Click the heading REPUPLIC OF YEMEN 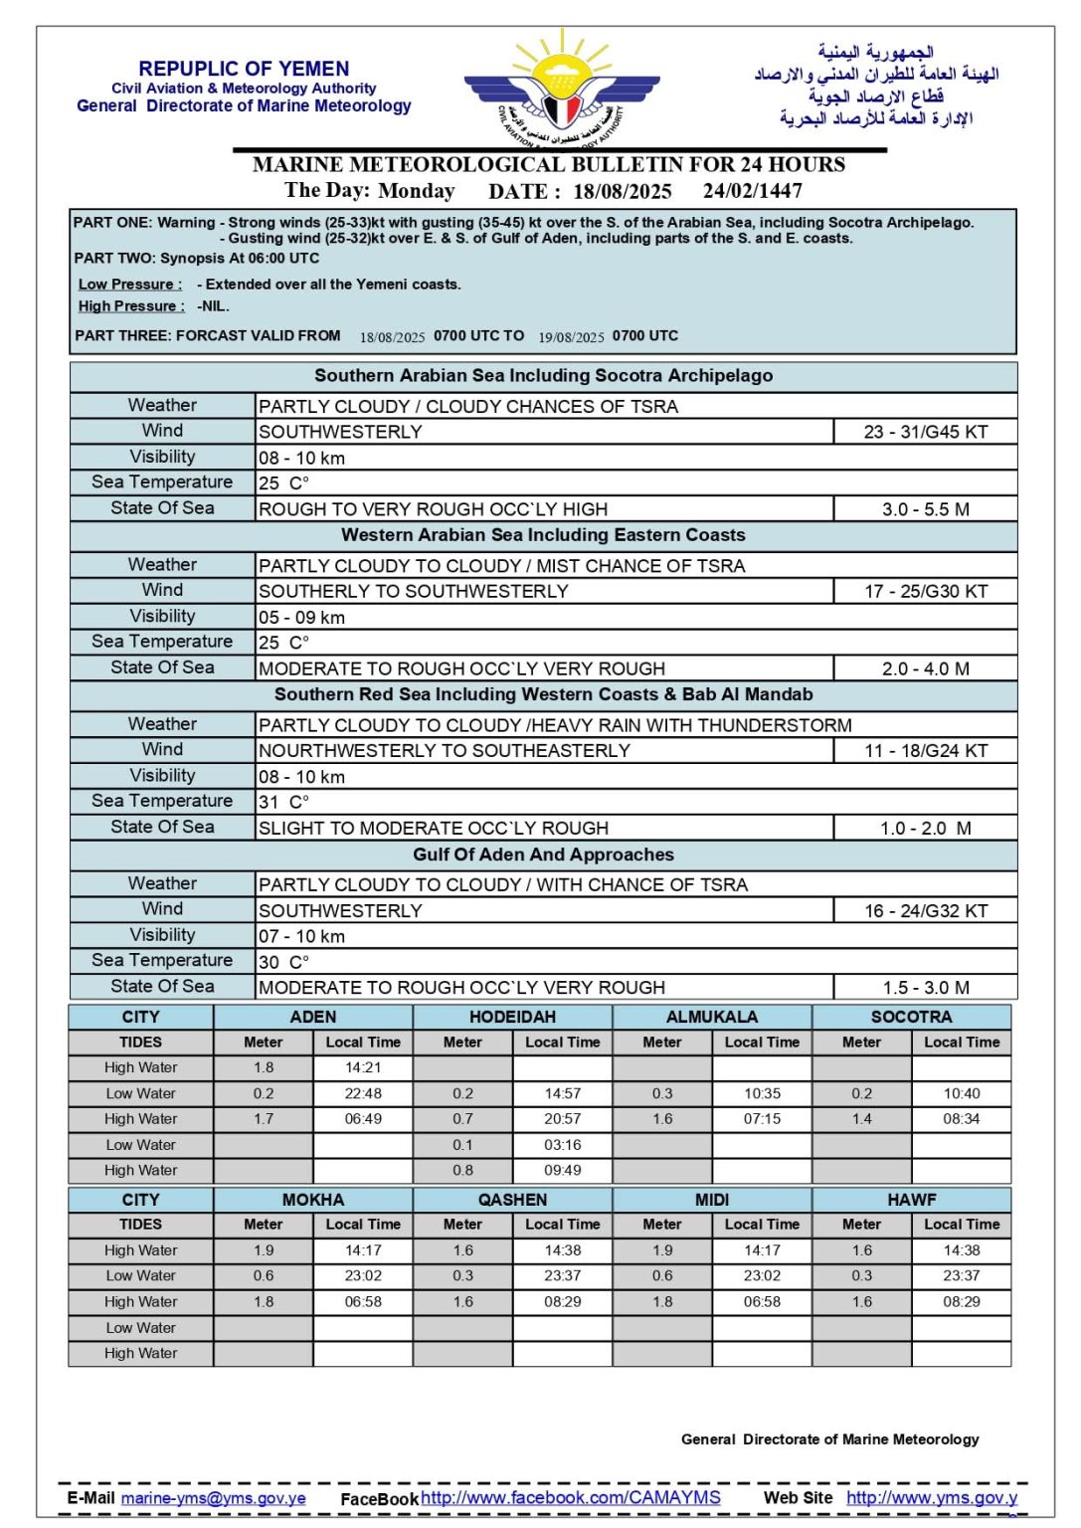point(244,69)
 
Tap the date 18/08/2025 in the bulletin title point(622,191)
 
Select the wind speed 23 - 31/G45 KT point(925,432)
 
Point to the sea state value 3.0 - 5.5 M point(925,509)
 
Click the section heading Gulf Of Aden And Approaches point(543,855)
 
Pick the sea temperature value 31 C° point(283,802)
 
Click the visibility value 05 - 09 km point(301,617)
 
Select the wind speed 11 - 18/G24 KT point(925,751)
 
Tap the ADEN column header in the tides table point(312,1017)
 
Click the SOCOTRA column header point(911,1017)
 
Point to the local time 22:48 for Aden point(363,1093)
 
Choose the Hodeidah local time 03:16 point(563,1145)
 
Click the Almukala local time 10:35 point(762,1093)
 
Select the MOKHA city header point(312,1200)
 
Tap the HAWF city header point(911,1200)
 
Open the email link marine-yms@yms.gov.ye point(213,1498)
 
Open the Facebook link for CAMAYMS point(570,1497)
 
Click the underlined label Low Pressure point(129,285)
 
